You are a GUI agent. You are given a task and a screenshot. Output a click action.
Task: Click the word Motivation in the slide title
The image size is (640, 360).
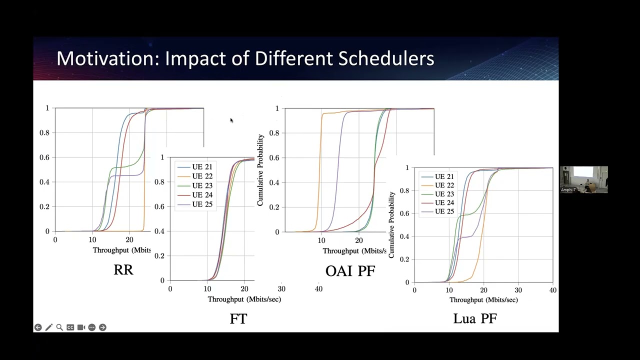click(x=107, y=58)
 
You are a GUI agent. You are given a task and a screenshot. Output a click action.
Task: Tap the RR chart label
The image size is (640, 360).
click(x=123, y=270)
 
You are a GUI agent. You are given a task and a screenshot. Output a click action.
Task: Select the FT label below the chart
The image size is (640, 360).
click(x=238, y=319)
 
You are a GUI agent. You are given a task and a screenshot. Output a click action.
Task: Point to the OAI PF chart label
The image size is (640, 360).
click(x=350, y=271)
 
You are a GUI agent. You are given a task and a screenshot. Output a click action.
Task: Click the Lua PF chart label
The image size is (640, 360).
click(x=475, y=318)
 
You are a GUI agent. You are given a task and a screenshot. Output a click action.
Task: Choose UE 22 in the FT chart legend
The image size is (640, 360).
click(x=201, y=176)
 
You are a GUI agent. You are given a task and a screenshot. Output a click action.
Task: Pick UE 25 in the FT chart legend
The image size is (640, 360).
click(x=201, y=204)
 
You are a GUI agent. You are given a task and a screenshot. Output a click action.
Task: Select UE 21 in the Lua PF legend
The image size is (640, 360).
click(x=444, y=176)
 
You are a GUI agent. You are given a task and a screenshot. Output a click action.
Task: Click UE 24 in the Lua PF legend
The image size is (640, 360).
click(x=444, y=202)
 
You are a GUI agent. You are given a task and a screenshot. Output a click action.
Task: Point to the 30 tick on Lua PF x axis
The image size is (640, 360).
click(x=518, y=290)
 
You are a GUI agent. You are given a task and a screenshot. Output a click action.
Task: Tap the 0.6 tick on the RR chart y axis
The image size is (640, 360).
click(x=44, y=157)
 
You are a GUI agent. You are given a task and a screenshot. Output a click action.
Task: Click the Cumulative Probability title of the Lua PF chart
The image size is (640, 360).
click(x=391, y=225)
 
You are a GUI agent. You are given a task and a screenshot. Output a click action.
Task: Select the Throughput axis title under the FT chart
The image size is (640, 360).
click(x=244, y=299)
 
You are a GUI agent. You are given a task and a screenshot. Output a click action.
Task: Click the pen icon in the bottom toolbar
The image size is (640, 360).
click(x=48, y=327)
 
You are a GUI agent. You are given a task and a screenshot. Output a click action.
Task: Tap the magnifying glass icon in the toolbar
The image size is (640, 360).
click(x=59, y=327)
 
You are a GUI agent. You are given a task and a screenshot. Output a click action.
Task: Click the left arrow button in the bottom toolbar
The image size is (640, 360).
click(x=38, y=327)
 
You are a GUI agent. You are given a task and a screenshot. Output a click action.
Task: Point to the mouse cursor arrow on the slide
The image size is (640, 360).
click(x=231, y=120)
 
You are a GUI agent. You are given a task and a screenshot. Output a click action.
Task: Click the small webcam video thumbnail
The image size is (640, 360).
click(x=583, y=179)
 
